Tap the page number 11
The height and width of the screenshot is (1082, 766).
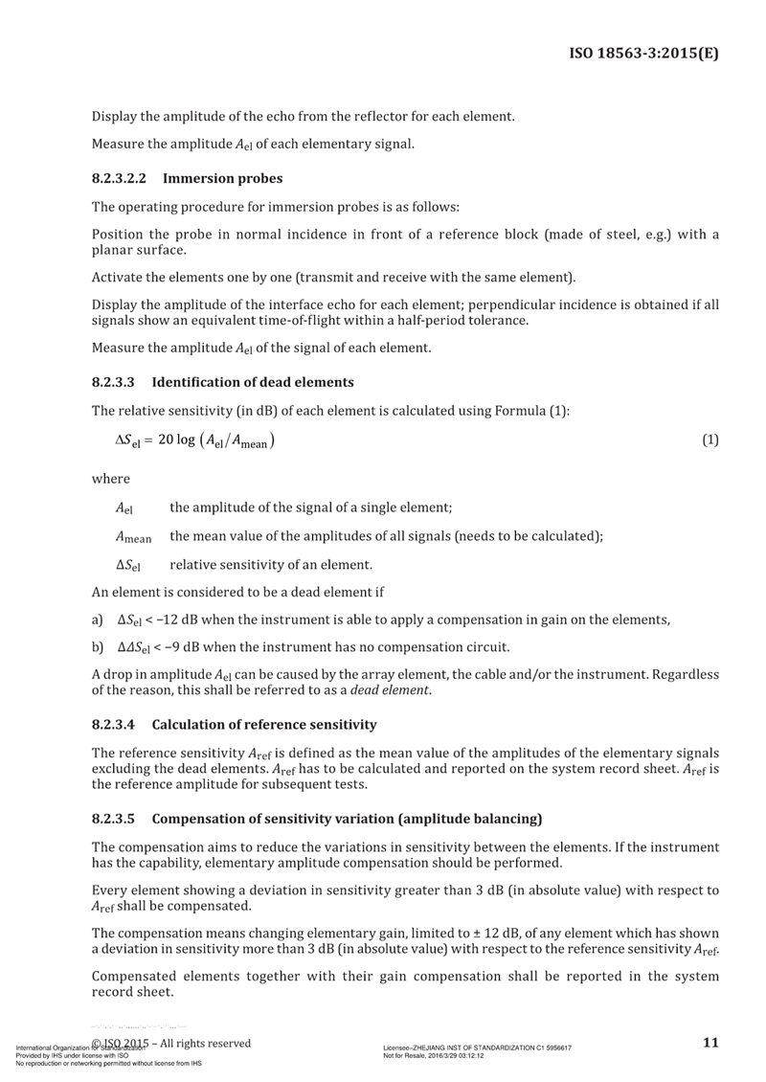(x=710, y=1043)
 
